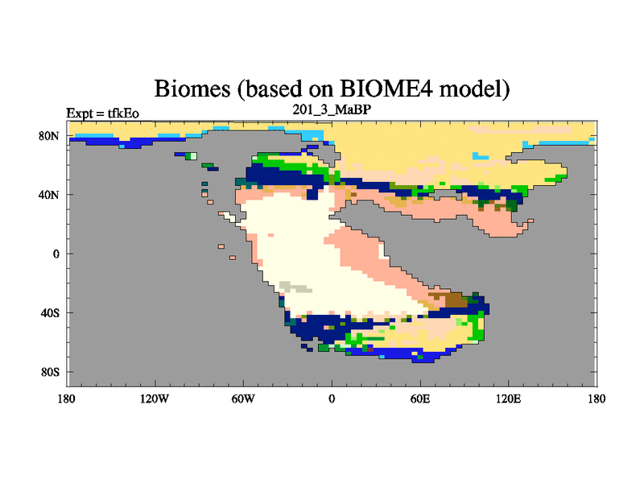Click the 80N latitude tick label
coord(49,136)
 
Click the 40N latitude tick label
coord(49,195)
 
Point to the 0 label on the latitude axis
coord(56,254)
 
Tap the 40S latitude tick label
coord(50,313)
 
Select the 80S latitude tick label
coord(50,373)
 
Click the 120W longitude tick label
coord(155,398)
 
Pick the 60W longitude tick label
coord(243,398)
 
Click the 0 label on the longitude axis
coord(332,398)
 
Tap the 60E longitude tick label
coord(420,398)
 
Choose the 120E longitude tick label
coord(509,398)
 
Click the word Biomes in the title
coord(192,89)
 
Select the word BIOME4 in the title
coord(386,89)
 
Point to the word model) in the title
coord(474,89)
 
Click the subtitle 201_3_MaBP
coord(332,109)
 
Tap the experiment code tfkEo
coord(123,114)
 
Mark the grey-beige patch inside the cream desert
coord(294,287)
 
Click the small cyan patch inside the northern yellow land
coord(481,156)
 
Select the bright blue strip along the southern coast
coord(394,353)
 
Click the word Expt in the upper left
coord(80,114)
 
